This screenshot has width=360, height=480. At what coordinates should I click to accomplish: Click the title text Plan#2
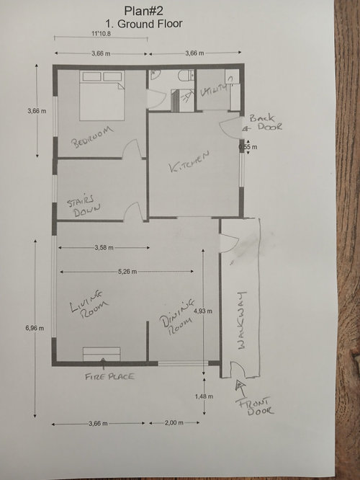pyautogui.click(x=143, y=11)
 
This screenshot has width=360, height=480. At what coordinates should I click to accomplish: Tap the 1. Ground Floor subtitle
pyautogui.click(x=144, y=24)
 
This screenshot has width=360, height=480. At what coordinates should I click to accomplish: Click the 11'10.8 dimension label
pyautogui.click(x=102, y=34)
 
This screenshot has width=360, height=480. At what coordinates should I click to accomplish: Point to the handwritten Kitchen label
pyautogui.click(x=189, y=161)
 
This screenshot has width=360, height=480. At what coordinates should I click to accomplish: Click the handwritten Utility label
pyautogui.click(x=214, y=90)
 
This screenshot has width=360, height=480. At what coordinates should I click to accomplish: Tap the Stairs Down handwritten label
pyautogui.click(x=82, y=205)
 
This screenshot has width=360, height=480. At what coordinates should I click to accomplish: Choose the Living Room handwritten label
pyautogui.click(x=88, y=305)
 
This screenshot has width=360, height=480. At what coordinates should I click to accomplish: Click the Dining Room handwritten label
pyautogui.click(x=177, y=316)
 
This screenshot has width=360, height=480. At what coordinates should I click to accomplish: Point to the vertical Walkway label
pyautogui.click(x=242, y=320)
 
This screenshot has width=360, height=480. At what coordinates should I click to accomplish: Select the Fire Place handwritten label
pyautogui.click(x=109, y=376)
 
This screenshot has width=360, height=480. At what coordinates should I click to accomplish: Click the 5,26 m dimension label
pyautogui.click(x=127, y=272)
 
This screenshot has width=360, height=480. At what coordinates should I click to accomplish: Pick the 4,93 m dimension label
pyautogui.click(x=203, y=311)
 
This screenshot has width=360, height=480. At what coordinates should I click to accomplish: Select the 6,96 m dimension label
pyautogui.click(x=35, y=328)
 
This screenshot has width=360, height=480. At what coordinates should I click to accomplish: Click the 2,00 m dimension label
pyautogui.click(x=174, y=423)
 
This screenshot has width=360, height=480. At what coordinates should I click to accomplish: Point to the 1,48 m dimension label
pyautogui.click(x=204, y=396)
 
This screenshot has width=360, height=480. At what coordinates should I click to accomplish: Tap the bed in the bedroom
pyautogui.click(x=102, y=95)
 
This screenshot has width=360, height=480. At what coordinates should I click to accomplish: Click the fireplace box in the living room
pyautogui.click(x=102, y=354)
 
